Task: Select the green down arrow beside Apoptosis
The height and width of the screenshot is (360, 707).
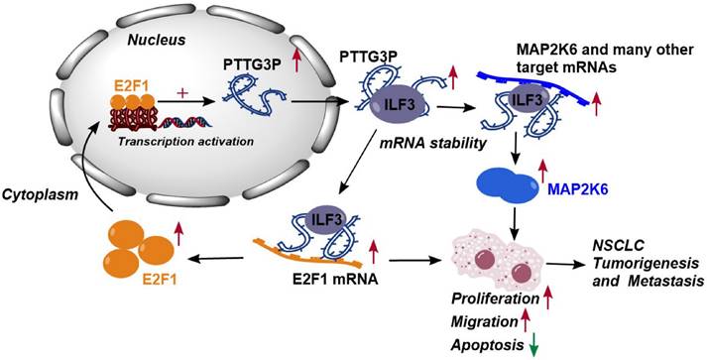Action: tap(536, 343)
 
